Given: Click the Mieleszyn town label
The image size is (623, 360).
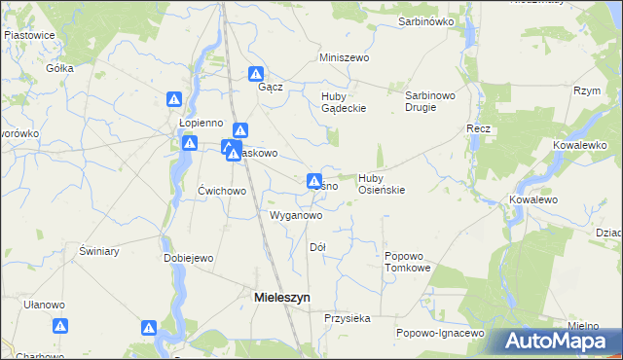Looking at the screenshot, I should pyautogui.click(x=282, y=298).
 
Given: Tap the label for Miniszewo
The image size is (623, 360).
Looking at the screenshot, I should pyautogui.click(x=346, y=58).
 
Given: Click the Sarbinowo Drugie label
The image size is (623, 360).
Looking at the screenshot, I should pyautogui.click(x=432, y=101).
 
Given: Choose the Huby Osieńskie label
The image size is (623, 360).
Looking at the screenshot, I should pyautogui.click(x=382, y=184).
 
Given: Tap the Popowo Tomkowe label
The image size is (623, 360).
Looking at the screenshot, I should pyautogui.click(x=407, y=261).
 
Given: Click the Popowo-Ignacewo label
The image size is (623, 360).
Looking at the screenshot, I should pyautogui.click(x=440, y=333).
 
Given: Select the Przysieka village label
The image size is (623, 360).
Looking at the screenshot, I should pyautogui.click(x=348, y=318).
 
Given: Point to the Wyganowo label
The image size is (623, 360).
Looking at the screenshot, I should pyautogui.click(x=295, y=215).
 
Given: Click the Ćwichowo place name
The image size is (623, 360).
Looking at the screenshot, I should pyautogui.click(x=222, y=191).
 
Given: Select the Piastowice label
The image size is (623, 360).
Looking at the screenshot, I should pyautogui.click(x=29, y=34).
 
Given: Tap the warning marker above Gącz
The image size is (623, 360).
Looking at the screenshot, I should pyautogui.click(x=256, y=73).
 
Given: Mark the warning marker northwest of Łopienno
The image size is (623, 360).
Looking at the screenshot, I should pyautogui.click(x=174, y=98).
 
